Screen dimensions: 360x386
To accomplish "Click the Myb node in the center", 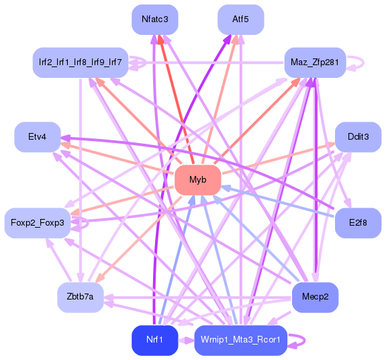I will point(197,180).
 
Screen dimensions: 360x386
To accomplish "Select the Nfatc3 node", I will point(154,19).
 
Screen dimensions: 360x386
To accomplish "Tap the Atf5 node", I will point(240,19).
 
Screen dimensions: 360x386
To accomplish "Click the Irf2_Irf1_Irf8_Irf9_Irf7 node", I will point(80,62).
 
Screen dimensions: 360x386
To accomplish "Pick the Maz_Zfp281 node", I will point(314,62).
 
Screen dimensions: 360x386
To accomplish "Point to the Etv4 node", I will point(38,137).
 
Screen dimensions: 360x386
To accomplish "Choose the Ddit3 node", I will point(358,137).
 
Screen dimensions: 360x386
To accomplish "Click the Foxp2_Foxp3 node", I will point(38,223).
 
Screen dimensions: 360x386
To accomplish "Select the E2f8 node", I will point(358,223).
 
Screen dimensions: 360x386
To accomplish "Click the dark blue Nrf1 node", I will point(154,340).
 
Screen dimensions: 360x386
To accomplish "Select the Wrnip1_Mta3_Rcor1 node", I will point(240,340).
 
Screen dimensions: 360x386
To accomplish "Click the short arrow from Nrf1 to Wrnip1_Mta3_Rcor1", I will point(185,340).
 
